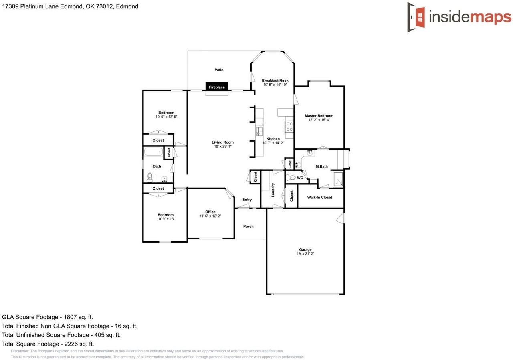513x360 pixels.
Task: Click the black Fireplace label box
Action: pyautogui.click(x=217, y=87)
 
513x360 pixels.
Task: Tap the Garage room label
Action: pyautogui.click(x=305, y=249)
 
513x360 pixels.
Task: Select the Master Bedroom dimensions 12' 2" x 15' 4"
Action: pyautogui.click(x=319, y=120)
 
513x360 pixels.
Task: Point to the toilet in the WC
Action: pyautogui.click(x=292, y=178)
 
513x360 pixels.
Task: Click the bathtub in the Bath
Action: pyautogui.click(x=153, y=152)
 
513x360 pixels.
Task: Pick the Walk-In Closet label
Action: pyautogui.click(x=319, y=197)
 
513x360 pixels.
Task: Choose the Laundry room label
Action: pyautogui.click(x=273, y=190)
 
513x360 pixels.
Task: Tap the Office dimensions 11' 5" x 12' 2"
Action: pyautogui.click(x=210, y=216)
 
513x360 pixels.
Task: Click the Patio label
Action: pyautogui.click(x=219, y=70)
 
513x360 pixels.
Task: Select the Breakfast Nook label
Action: pyautogui.click(x=275, y=81)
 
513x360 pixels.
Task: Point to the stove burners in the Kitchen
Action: pyautogui.click(x=289, y=126)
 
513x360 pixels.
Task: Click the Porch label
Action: pyautogui.click(x=248, y=226)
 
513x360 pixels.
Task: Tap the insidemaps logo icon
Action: pyautogui.click(x=416, y=17)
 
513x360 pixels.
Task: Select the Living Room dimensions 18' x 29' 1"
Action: pyautogui.click(x=223, y=146)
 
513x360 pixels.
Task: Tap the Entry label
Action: pyautogui.click(x=247, y=200)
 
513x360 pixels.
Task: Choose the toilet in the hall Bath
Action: pyautogui.click(x=150, y=176)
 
